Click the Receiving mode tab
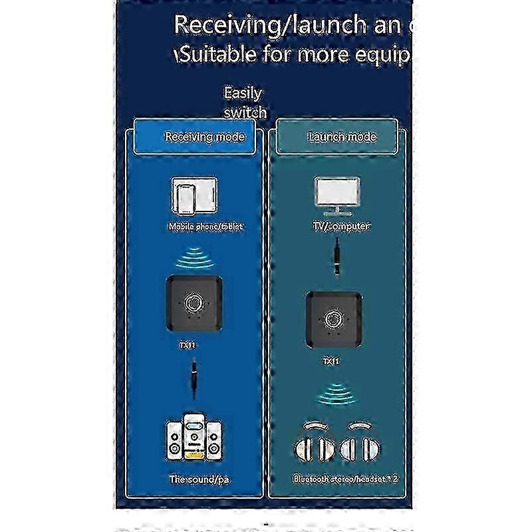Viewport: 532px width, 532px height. click(205, 137)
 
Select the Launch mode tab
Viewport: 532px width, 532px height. click(342, 137)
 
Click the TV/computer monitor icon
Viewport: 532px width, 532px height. click(336, 195)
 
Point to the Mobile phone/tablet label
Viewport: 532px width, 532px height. click(205, 227)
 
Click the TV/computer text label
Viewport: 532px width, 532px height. click(341, 227)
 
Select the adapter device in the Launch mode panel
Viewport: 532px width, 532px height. click(334, 321)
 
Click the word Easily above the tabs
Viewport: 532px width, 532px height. click(243, 93)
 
